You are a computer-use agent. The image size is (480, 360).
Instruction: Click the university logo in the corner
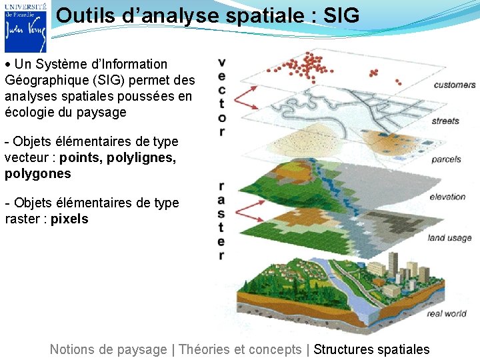pyautogui.click(x=25, y=27)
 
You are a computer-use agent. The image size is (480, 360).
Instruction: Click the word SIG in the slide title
pyautogui.click(x=340, y=15)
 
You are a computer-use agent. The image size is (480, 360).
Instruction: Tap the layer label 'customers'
pyautogui.click(x=455, y=85)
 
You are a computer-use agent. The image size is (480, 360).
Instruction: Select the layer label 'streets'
pyautogui.click(x=445, y=121)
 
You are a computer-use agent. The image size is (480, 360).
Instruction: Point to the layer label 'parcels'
pyautogui.click(x=446, y=159)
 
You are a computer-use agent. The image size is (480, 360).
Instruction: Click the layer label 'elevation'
pyautogui.click(x=447, y=197)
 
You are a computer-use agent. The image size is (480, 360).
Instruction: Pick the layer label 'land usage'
pyautogui.click(x=449, y=238)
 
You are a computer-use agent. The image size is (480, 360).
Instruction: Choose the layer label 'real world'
pyautogui.click(x=447, y=313)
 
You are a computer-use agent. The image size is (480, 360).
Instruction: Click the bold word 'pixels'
pyautogui.click(x=69, y=219)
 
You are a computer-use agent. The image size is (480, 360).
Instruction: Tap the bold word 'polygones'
pyautogui.click(x=37, y=174)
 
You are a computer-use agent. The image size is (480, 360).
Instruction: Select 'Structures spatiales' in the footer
pyautogui.click(x=371, y=349)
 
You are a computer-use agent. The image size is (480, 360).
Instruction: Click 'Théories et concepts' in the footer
pyautogui.click(x=240, y=349)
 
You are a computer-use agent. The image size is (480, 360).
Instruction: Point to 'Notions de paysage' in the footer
pyautogui.click(x=108, y=349)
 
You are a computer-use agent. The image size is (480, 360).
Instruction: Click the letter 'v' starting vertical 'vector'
pyautogui.click(x=221, y=63)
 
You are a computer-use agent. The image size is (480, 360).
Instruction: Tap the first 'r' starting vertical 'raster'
pyautogui.click(x=221, y=186)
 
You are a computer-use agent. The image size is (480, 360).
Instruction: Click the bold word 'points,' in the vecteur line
pyautogui.click(x=81, y=158)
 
